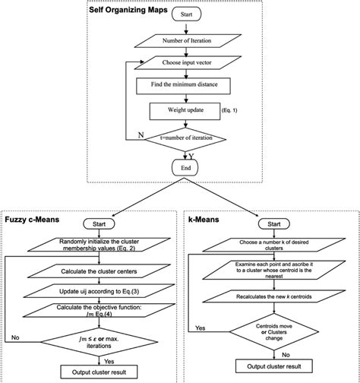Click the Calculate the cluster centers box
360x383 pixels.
[x=90, y=271]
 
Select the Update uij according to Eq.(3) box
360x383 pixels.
[x=90, y=292]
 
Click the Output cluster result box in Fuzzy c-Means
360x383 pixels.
[x=90, y=372]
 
